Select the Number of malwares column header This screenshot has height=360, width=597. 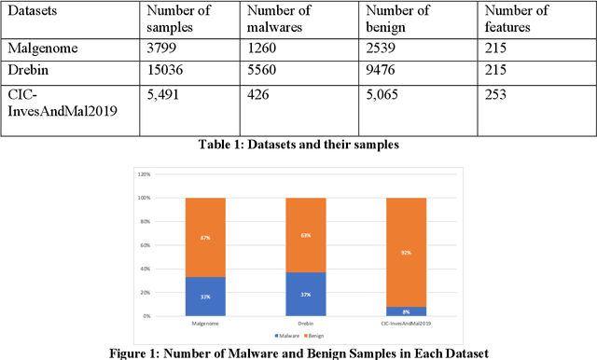click(278, 20)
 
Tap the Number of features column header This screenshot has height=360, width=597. click(513, 20)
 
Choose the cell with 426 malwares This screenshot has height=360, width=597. click(258, 93)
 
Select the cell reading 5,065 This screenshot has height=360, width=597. click(383, 93)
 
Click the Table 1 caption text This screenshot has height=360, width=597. click(298, 144)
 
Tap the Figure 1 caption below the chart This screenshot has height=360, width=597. click(298, 353)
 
